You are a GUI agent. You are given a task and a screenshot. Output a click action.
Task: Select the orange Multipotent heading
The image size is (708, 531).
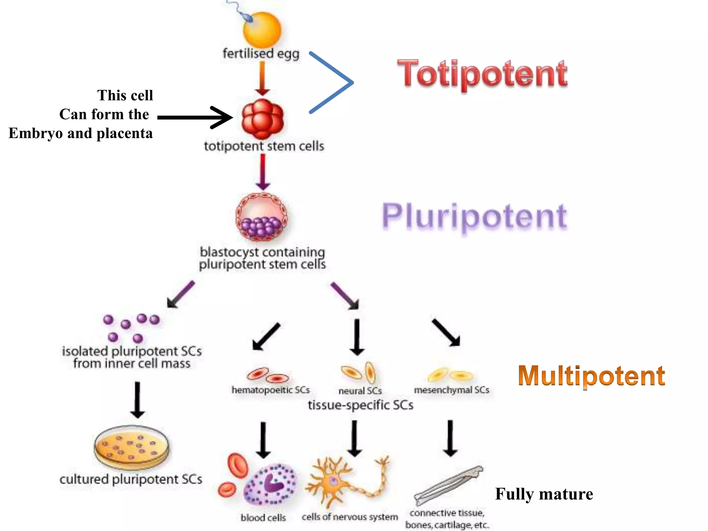point(591,376)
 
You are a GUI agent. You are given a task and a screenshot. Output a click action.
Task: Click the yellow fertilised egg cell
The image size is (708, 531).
point(262,30)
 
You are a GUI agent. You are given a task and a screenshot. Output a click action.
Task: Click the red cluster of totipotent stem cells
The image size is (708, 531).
point(263,119)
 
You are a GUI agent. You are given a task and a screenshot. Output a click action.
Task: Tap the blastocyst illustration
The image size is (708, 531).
point(262,217)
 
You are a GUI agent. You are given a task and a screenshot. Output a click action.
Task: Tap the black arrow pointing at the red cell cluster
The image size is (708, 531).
point(195,118)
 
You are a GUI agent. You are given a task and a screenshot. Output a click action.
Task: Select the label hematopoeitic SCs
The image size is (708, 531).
point(270,390)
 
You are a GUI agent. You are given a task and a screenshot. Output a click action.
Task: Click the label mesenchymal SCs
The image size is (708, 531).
point(451,390)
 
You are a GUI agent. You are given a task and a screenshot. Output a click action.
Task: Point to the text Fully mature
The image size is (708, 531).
point(544,494)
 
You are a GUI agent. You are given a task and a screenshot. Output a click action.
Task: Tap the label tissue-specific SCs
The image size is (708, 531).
point(360,405)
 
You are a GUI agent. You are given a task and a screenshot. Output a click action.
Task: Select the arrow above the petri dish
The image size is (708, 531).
point(137,400)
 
